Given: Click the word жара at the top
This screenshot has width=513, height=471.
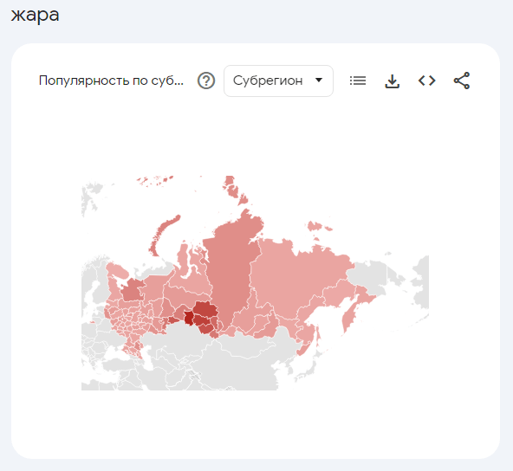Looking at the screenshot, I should click(x=36, y=16).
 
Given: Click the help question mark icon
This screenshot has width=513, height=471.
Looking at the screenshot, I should click(x=206, y=81).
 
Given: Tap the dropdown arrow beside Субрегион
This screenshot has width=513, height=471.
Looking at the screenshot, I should click(x=319, y=81).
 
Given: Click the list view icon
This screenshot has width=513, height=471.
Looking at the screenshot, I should click(x=358, y=81).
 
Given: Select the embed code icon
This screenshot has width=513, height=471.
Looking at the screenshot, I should click(x=426, y=81).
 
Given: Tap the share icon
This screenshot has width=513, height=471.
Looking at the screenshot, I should click(x=462, y=81).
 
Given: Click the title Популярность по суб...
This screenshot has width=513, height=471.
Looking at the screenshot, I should click(x=112, y=81).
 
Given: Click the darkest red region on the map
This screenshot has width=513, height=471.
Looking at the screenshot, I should click(x=188, y=317).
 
